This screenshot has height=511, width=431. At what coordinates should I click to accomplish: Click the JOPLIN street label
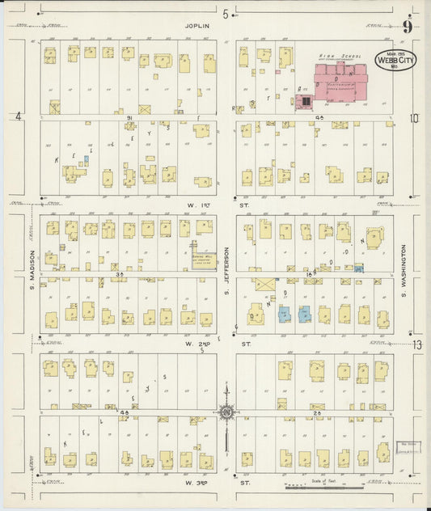[x=198, y=26]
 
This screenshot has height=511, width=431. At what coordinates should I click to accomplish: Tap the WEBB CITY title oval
[x=391, y=61]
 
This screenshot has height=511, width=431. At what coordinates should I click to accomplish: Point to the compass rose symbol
[x=226, y=412]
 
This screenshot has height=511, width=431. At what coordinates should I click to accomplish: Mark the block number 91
[x=129, y=117]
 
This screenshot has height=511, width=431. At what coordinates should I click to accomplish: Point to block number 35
[x=120, y=275]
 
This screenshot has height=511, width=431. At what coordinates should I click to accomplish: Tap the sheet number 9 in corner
[x=408, y=27]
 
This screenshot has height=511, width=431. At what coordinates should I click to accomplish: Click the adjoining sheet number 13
[x=416, y=344]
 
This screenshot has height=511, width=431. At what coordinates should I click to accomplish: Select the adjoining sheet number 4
[x=17, y=116]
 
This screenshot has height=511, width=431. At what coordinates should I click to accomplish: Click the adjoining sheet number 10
[x=415, y=119]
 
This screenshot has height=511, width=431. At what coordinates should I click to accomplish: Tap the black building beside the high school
[x=306, y=101]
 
